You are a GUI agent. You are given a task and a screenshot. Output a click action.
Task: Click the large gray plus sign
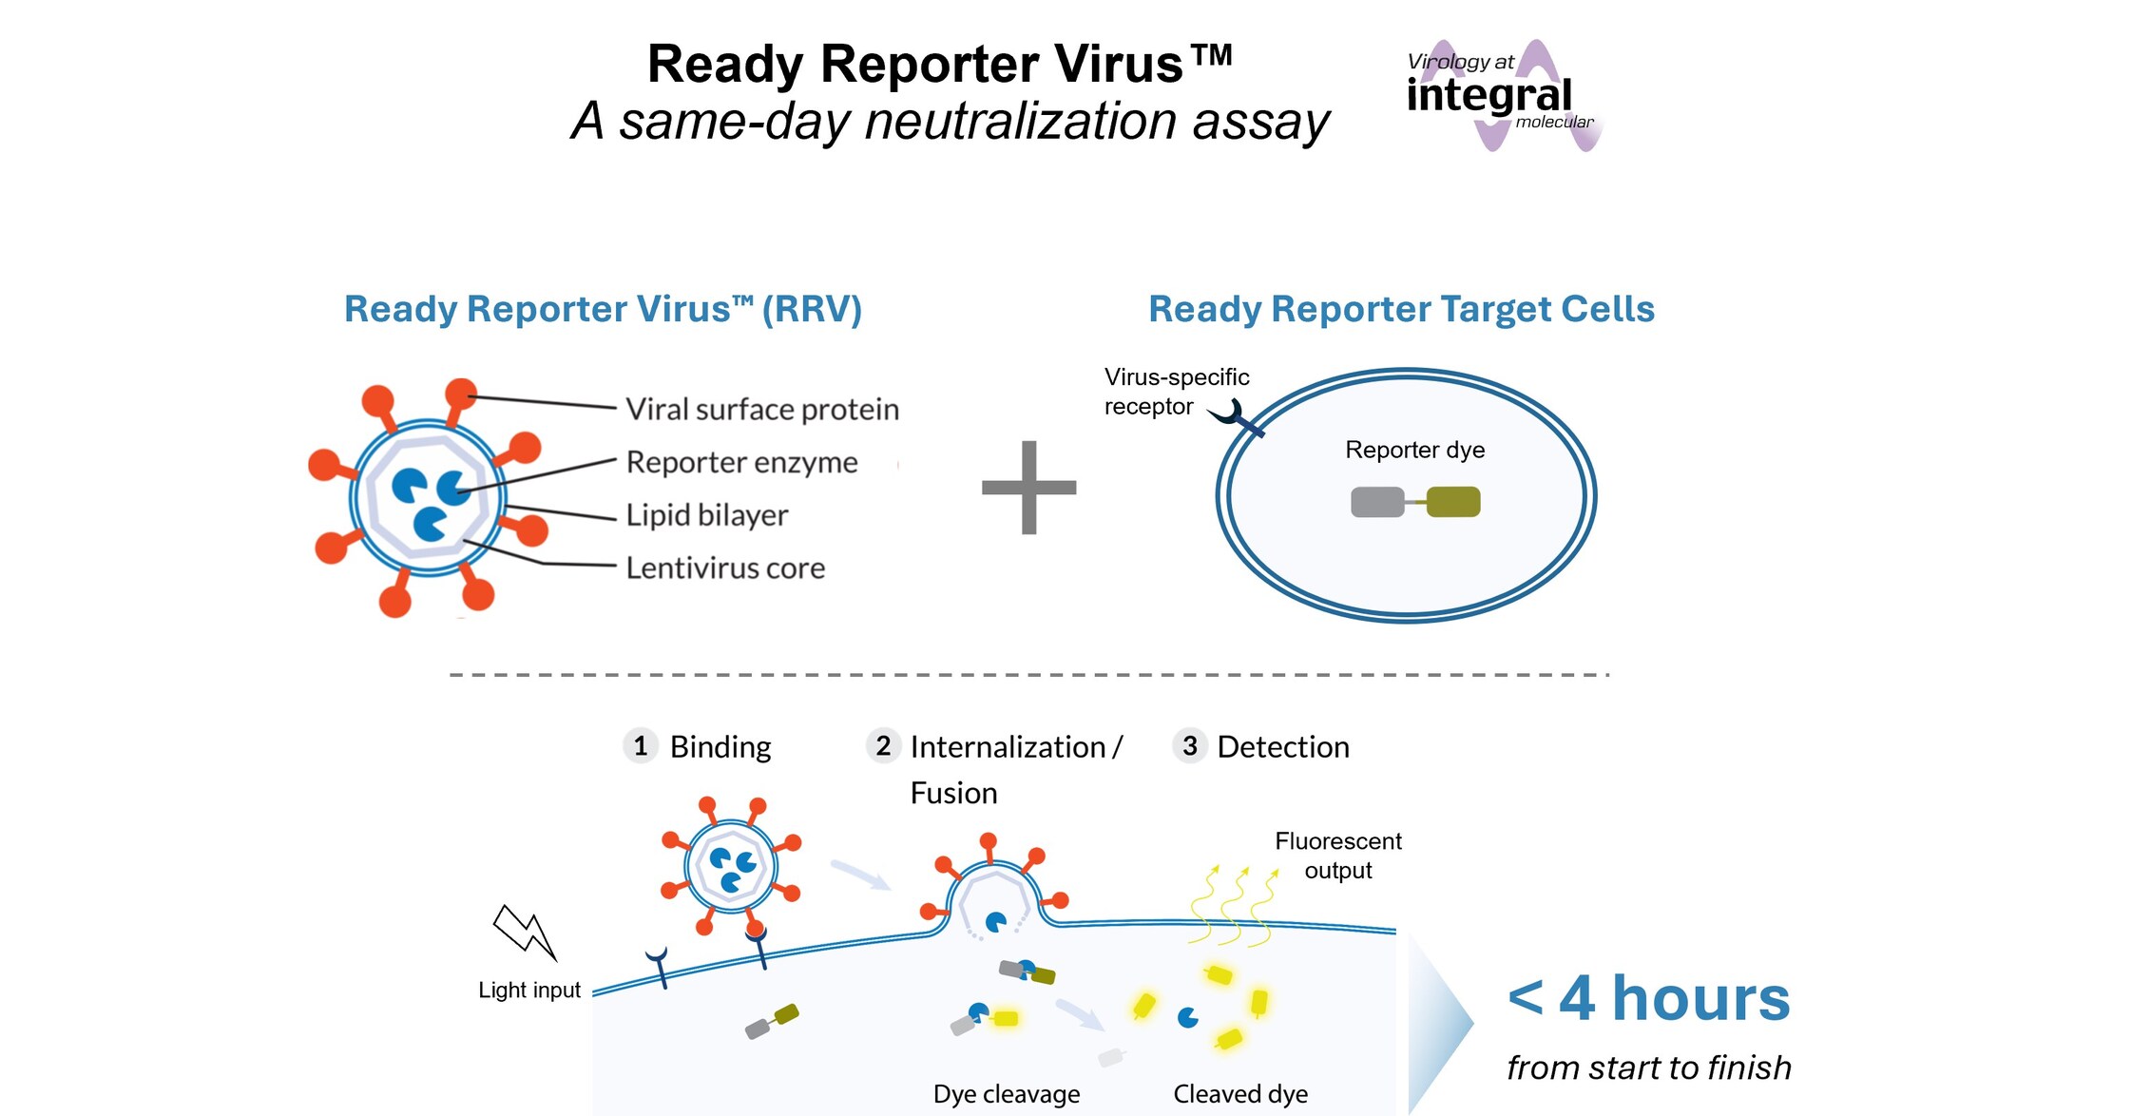pyautogui.click(x=1028, y=488)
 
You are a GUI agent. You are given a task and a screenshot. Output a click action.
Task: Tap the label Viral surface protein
pyautogui.click(x=761, y=410)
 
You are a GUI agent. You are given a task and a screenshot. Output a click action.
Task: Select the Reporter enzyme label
pyautogui.click(x=741, y=463)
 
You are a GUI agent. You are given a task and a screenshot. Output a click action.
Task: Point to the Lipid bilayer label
pyautogui.click(x=706, y=515)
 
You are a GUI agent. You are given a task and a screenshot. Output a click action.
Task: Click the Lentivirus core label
pyautogui.click(x=724, y=568)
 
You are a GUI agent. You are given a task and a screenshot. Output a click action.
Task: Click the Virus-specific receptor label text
pyautogui.click(x=1175, y=392)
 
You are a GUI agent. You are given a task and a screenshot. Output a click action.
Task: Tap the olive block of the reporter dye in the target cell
pyautogui.click(x=1453, y=502)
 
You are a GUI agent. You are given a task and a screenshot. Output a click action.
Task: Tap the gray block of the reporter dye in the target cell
pyautogui.click(x=1377, y=502)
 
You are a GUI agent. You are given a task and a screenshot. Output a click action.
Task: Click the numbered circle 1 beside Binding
pyautogui.click(x=640, y=746)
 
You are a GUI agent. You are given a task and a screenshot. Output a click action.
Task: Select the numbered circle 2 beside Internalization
pyautogui.click(x=883, y=746)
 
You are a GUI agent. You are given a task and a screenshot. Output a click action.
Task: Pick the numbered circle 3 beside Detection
pyautogui.click(x=1189, y=746)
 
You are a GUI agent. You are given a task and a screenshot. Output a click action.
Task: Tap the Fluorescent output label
pyautogui.click(x=1337, y=856)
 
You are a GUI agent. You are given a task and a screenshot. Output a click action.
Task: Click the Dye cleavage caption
pyautogui.click(x=1006, y=1094)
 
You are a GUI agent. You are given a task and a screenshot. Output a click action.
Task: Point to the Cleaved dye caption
pyautogui.click(x=1239, y=1094)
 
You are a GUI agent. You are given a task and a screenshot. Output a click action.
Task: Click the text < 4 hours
pyautogui.click(x=1648, y=999)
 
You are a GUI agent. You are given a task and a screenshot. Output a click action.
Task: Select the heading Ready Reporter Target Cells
pyautogui.click(x=1401, y=310)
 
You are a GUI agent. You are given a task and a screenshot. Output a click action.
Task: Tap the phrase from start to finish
pyautogui.click(x=1648, y=1068)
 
